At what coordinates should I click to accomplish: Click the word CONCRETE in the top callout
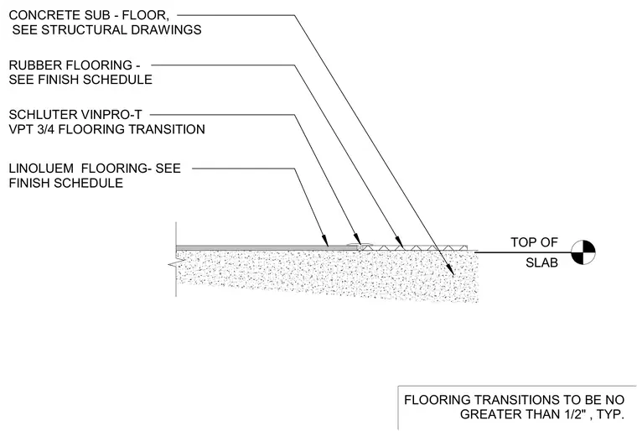coord(39,15)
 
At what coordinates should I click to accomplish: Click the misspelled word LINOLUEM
coord(41,169)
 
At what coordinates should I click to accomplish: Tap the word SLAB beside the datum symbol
coord(541,262)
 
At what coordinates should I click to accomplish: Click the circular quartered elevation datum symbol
coord(583,252)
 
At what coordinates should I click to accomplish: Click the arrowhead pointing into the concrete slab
coord(451,270)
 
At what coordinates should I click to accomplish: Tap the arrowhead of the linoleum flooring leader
coord(325,241)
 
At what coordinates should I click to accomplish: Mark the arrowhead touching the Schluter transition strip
coord(357,238)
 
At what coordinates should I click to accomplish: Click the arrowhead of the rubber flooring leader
coord(400,242)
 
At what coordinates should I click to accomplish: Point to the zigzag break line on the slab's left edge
coord(173,265)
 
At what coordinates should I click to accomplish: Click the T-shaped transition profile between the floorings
coord(359,246)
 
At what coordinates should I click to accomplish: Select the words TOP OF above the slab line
coord(534,242)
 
